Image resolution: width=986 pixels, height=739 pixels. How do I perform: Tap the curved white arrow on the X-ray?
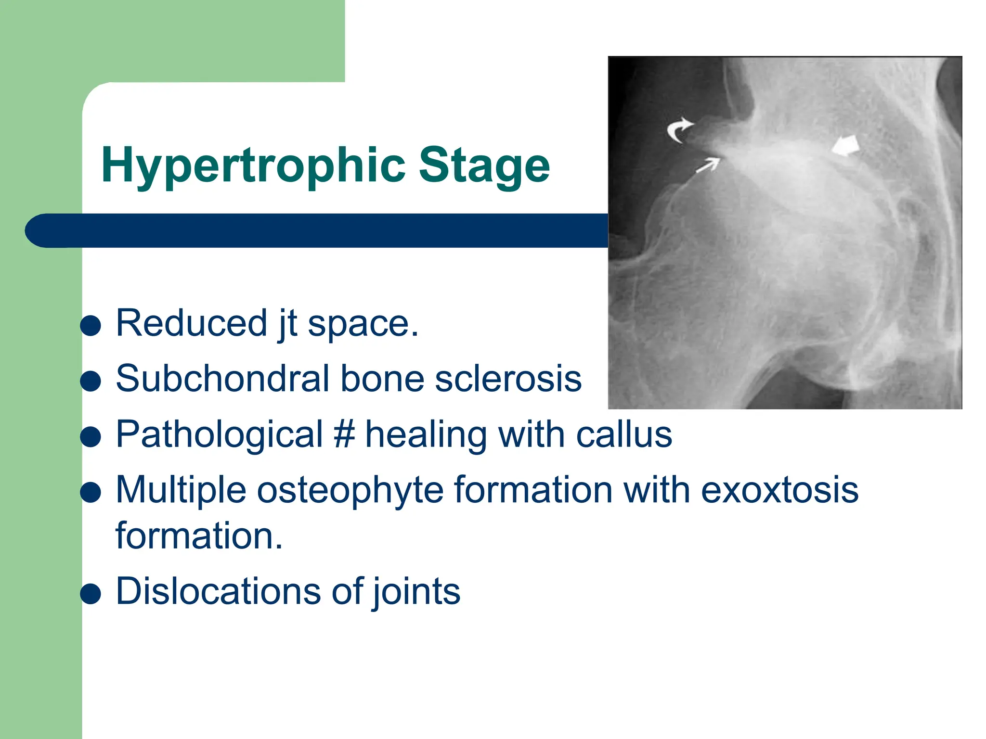[x=679, y=130]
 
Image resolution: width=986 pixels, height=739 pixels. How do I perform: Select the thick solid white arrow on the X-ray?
[x=846, y=146]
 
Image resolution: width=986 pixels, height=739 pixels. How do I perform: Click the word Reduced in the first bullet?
[x=191, y=323]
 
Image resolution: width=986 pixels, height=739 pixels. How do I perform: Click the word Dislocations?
[x=218, y=591]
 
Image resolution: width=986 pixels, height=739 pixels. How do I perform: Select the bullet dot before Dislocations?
[x=91, y=594]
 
